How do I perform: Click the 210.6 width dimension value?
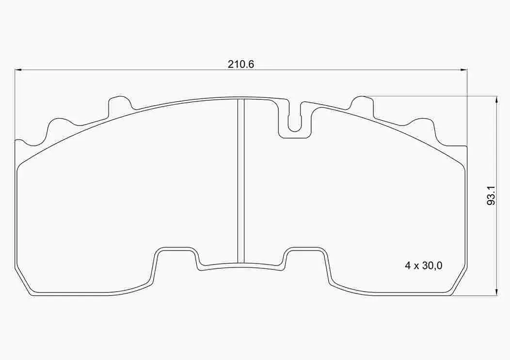241,64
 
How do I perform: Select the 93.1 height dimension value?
491,195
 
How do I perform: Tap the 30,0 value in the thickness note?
431,266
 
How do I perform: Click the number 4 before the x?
408,266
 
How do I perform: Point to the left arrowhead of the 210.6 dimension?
18,70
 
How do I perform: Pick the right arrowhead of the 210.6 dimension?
464,70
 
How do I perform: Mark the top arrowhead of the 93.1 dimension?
496,99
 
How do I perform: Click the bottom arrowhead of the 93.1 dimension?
496,292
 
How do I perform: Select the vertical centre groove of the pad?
240,179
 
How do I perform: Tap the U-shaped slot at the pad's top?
294,121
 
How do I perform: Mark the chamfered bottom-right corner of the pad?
459,282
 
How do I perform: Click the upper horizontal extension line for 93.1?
431,95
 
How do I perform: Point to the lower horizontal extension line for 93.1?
475,296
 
